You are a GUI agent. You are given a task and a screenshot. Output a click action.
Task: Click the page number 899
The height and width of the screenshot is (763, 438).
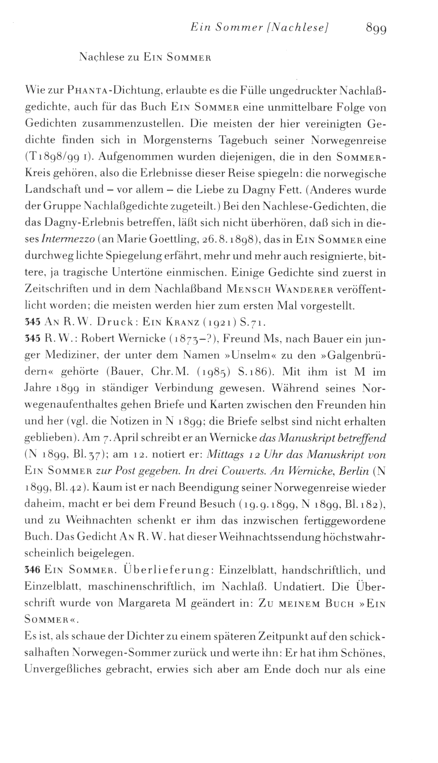pos(376,29)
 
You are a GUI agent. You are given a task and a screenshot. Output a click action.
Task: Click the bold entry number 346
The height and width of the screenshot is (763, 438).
pos(33,571)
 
